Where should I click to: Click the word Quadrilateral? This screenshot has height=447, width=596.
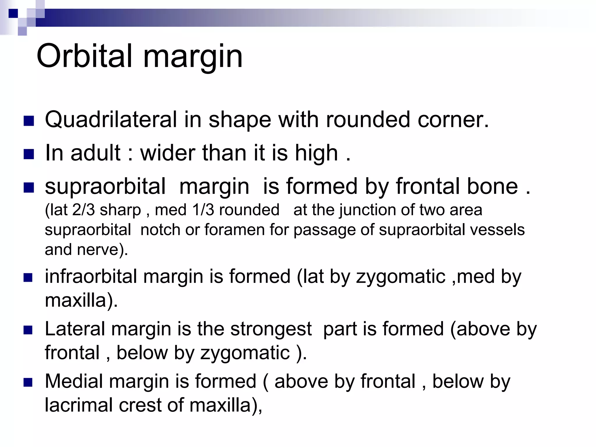click(111, 120)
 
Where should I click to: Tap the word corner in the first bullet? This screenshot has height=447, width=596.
click(453, 120)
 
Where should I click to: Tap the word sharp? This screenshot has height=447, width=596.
click(120, 210)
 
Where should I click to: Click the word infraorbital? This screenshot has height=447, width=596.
click(91, 276)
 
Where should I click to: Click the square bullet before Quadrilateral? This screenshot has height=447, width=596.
click(29, 121)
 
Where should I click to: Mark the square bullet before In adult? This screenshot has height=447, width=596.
click(29, 154)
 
